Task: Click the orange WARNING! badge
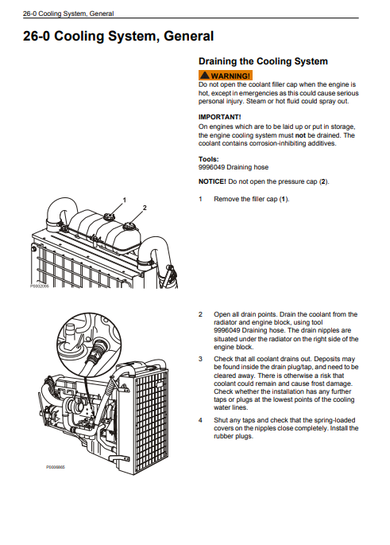(x=226, y=76)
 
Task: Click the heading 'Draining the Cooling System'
(x=263, y=61)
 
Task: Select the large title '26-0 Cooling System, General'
(x=118, y=36)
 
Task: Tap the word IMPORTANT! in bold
(x=220, y=117)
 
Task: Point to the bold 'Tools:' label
(x=209, y=159)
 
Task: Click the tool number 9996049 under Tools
(x=211, y=167)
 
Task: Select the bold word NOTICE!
(x=212, y=181)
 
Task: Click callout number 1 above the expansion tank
(x=125, y=200)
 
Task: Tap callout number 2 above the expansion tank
(x=145, y=208)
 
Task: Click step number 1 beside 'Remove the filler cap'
(x=200, y=199)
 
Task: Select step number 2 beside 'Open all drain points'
(x=200, y=314)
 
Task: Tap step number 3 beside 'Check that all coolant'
(x=200, y=359)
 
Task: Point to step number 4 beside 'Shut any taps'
(x=200, y=420)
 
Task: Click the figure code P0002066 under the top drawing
(x=39, y=286)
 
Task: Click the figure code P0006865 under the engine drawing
(x=55, y=467)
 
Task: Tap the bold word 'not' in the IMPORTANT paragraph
(x=300, y=135)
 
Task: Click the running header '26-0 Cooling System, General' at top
(x=68, y=14)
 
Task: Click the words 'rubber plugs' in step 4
(x=233, y=436)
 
